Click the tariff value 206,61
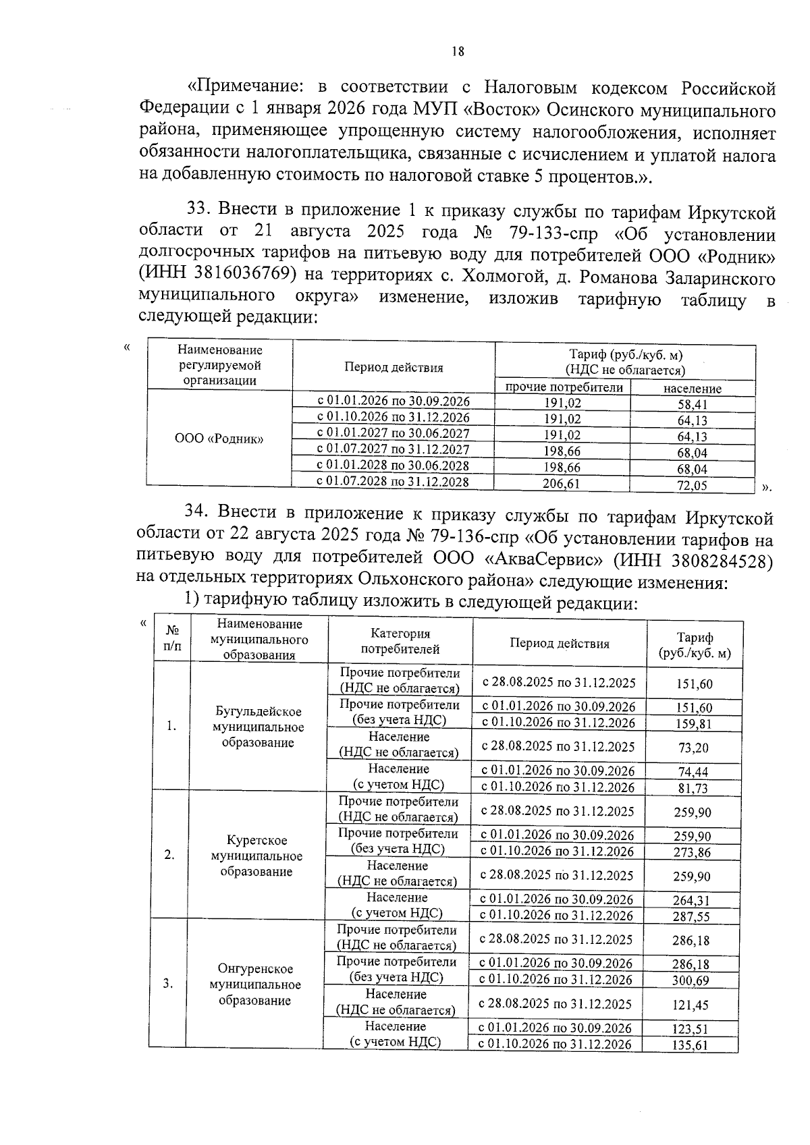[x=562, y=483]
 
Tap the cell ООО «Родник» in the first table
[x=219, y=439]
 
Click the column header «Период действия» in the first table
[x=394, y=368]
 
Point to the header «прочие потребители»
[x=564, y=387]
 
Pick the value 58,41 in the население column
[x=693, y=405]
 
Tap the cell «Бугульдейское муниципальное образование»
[x=258, y=727]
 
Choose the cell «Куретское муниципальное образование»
[x=256, y=856]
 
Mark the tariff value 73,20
[x=693, y=748]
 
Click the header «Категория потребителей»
[x=400, y=642]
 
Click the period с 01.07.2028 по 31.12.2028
[x=393, y=482]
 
